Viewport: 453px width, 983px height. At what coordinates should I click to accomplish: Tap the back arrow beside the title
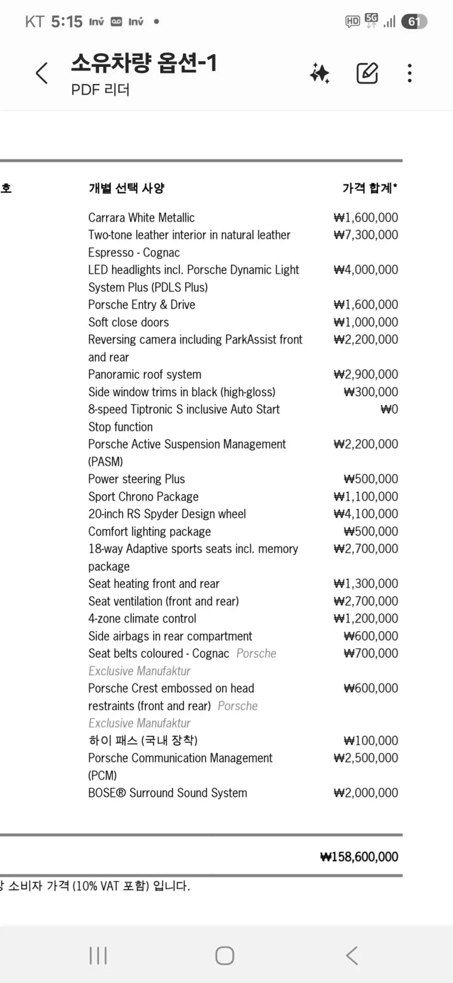pyautogui.click(x=42, y=73)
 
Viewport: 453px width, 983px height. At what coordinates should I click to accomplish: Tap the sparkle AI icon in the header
pyautogui.click(x=320, y=73)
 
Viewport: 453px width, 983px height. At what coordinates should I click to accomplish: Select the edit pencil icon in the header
pyautogui.click(x=367, y=73)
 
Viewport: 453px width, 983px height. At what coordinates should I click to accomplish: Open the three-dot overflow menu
pyautogui.click(x=410, y=73)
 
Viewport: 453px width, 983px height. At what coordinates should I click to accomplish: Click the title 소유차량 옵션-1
pyautogui.click(x=144, y=63)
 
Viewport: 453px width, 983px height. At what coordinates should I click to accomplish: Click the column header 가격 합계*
pyautogui.click(x=370, y=188)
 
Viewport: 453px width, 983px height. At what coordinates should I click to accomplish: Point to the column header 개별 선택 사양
pyautogui.click(x=126, y=188)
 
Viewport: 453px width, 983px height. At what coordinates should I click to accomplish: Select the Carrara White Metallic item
pyautogui.click(x=141, y=217)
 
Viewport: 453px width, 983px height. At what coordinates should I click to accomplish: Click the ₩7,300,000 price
pyautogui.click(x=365, y=235)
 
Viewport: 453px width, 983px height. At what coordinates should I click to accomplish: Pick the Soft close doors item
pyautogui.click(x=128, y=322)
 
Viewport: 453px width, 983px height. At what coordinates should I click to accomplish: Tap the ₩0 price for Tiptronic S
pyautogui.click(x=389, y=409)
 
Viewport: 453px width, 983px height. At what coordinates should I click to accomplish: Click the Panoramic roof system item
pyautogui.click(x=145, y=374)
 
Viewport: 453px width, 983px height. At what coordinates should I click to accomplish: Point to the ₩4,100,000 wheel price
pyautogui.click(x=365, y=514)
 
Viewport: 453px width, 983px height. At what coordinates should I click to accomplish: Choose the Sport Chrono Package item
pyautogui.click(x=143, y=496)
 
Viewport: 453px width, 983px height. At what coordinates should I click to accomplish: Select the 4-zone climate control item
pyautogui.click(x=142, y=618)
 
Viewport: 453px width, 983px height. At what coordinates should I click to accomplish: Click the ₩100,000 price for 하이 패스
pyautogui.click(x=370, y=741)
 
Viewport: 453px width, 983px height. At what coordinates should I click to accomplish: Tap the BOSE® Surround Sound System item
pyautogui.click(x=167, y=793)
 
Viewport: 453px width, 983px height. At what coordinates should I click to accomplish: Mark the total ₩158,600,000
pyautogui.click(x=359, y=857)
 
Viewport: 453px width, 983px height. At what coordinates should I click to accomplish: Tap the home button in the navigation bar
pyautogui.click(x=224, y=956)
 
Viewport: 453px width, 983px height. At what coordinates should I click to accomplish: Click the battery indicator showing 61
pyautogui.click(x=414, y=22)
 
